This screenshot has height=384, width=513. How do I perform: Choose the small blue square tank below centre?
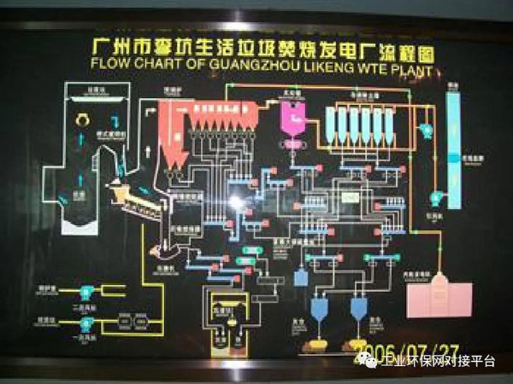301,276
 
